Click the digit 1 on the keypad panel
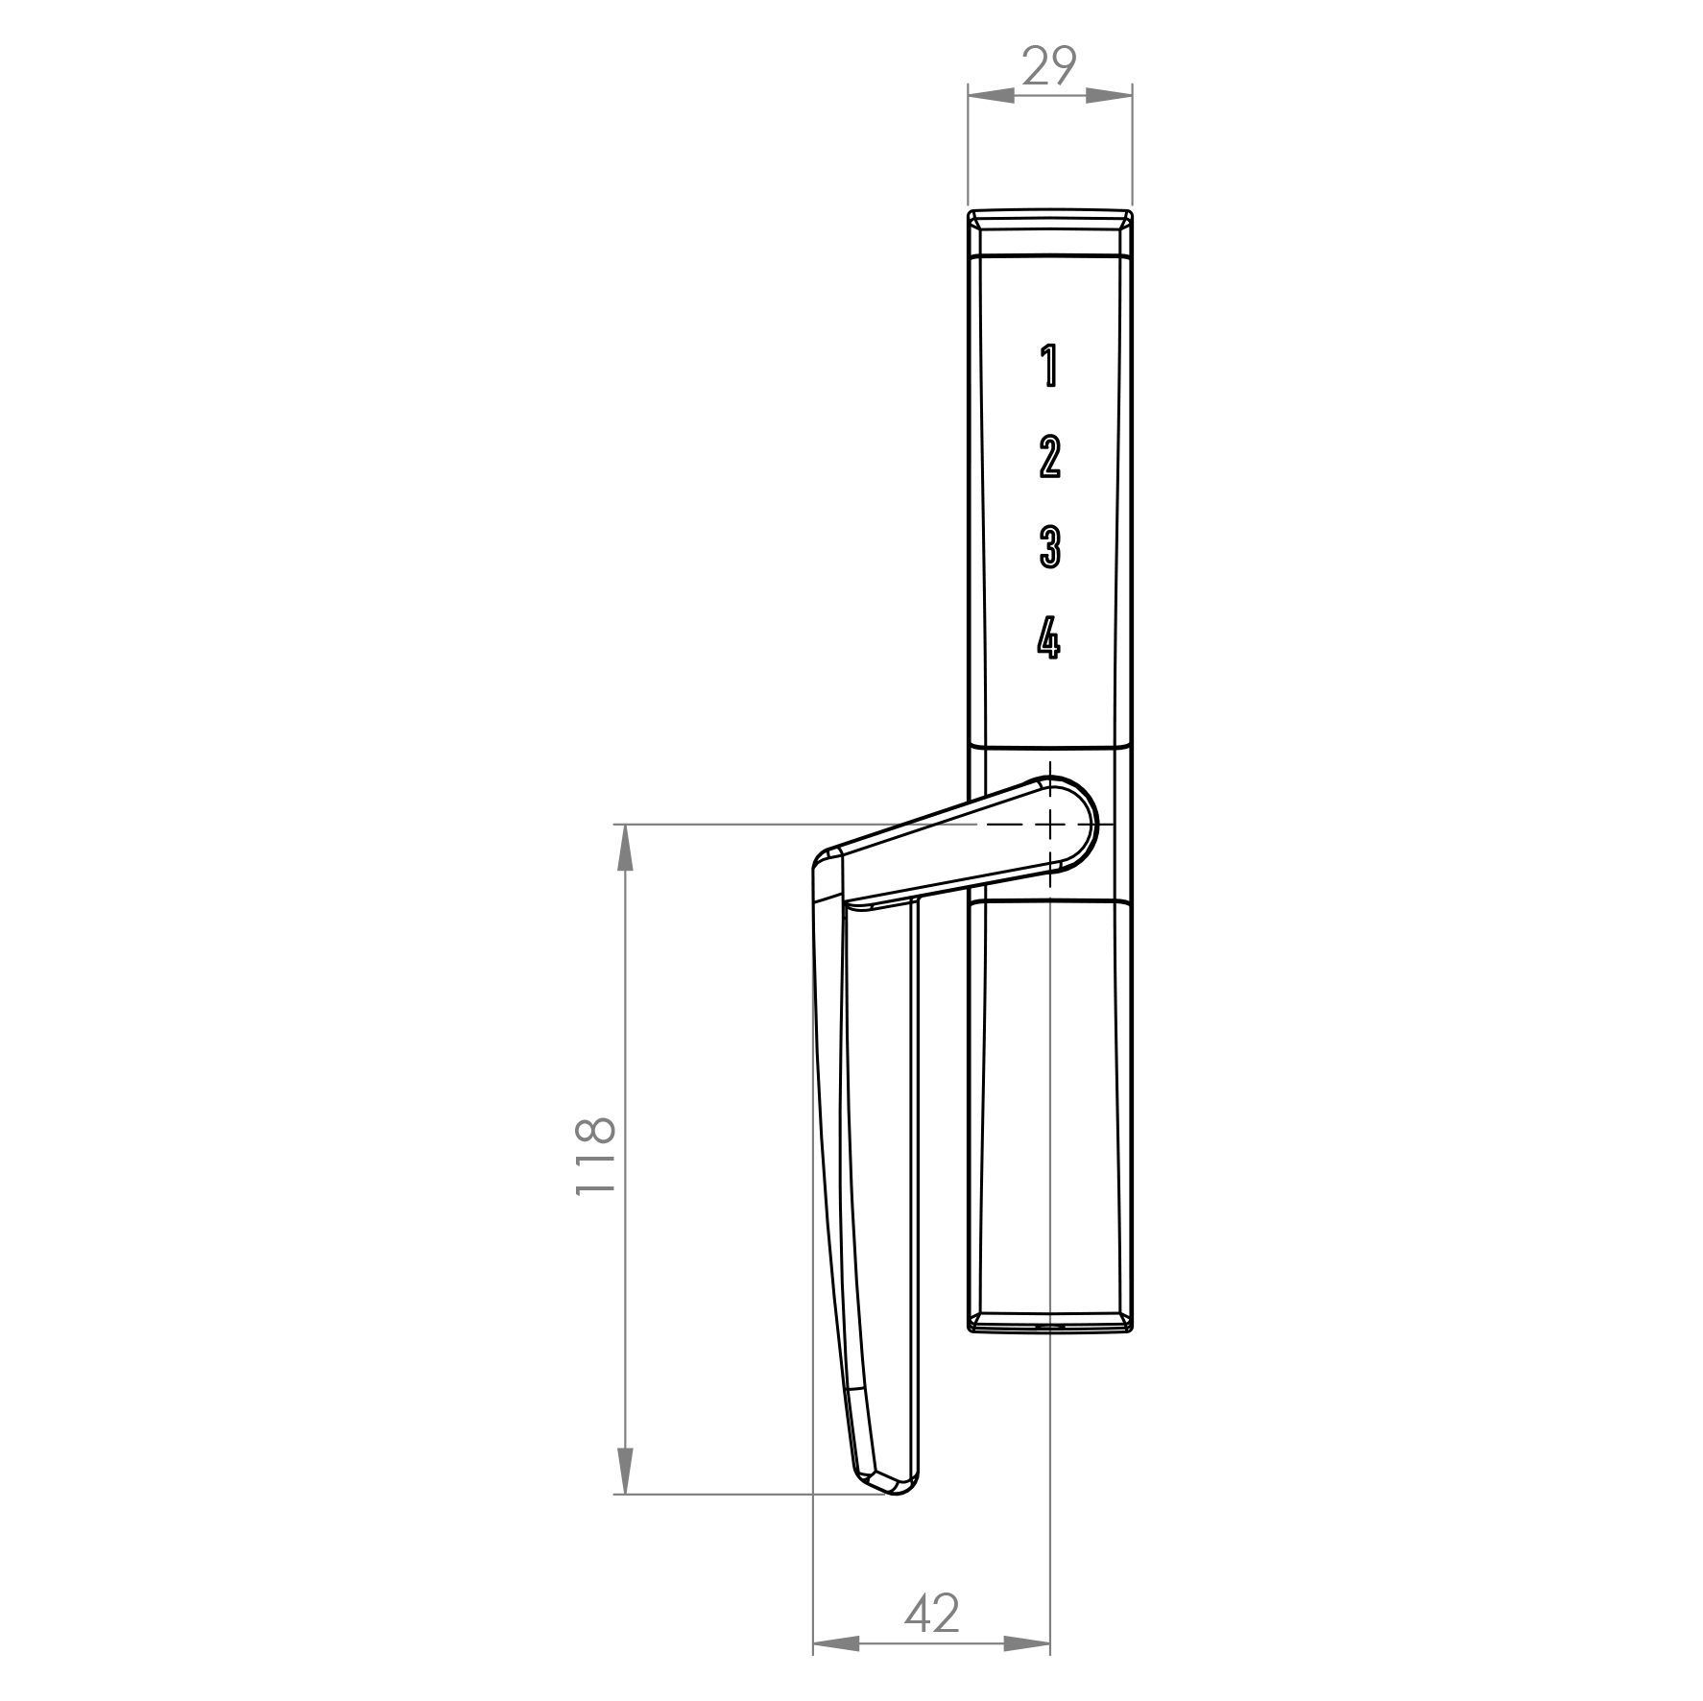1049,366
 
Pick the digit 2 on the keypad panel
1049,457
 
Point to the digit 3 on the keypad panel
1049,547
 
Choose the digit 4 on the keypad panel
1048,637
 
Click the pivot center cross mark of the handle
1050,825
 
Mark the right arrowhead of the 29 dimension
1110,95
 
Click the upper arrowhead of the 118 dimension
625,849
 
